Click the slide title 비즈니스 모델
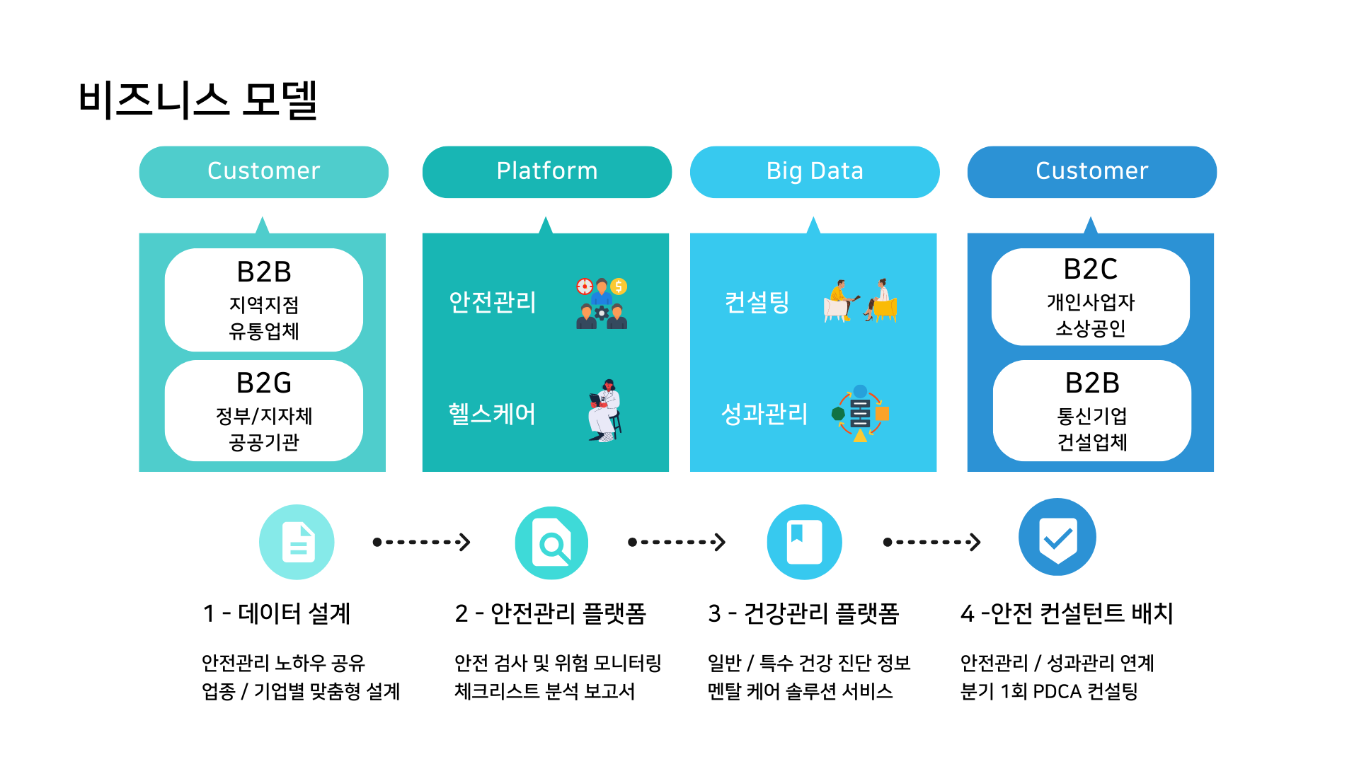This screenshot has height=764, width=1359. [197, 100]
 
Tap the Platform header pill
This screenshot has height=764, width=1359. [546, 172]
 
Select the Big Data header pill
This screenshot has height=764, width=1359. [815, 172]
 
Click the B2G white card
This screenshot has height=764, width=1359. [264, 411]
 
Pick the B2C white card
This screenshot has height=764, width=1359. [1090, 297]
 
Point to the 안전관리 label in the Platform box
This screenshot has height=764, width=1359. [493, 302]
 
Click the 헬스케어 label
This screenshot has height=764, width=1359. [492, 414]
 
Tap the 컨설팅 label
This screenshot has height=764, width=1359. [757, 302]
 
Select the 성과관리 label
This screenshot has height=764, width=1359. [764, 414]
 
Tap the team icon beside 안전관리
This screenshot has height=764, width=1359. [602, 303]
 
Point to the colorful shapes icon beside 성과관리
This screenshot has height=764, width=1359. [860, 414]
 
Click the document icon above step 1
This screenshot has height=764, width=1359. [297, 542]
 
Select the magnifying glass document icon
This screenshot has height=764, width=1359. [551, 543]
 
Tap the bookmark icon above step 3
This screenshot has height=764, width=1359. [804, 542]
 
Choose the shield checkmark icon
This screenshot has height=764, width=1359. [1057, 538]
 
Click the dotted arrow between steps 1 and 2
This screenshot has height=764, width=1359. [422, 543]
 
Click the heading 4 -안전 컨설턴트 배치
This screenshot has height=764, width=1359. [1067, 613]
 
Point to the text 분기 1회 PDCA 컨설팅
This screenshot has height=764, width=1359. [1049, 691]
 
